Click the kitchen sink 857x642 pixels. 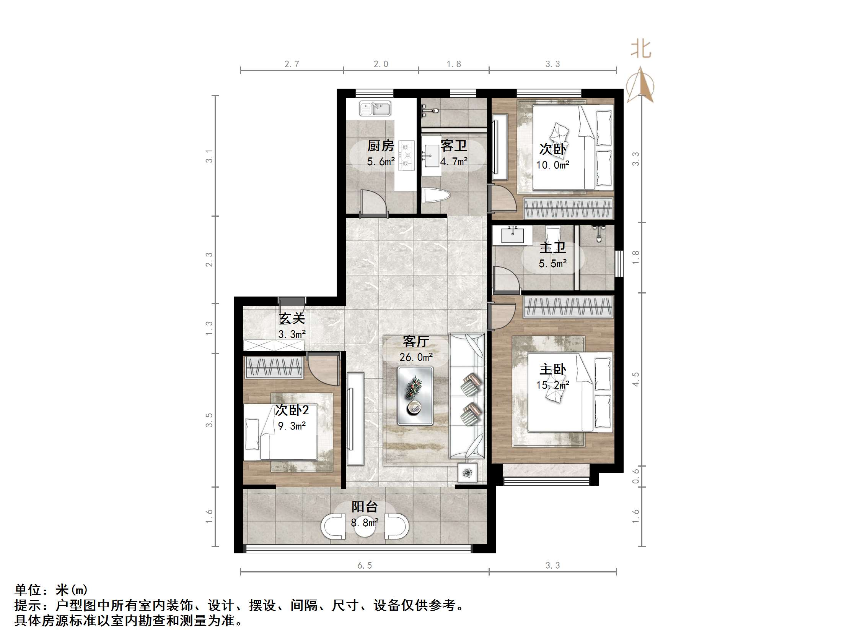(x=375, y=109)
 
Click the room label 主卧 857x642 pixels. (x=552, y=370)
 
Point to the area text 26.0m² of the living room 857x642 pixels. (x=416, y=357)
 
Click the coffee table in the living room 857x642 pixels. (x=415, y=396)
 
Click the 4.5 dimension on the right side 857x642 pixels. (x=636, y=379)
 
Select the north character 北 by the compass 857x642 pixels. (x=641, y=50)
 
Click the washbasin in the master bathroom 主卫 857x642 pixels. (x=512, y=235)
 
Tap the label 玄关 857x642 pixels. (x=292, y=318)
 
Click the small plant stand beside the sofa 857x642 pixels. (x=468, y=472)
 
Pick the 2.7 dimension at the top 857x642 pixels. (x=292, y=64)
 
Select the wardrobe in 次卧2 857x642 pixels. (x=274, y=366)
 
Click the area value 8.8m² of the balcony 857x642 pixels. (x=365, y=523)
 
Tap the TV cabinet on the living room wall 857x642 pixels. (x=355, y=419)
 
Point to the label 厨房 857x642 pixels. (x=380, y=146)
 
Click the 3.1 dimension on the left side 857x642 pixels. (x=209, y=156)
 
